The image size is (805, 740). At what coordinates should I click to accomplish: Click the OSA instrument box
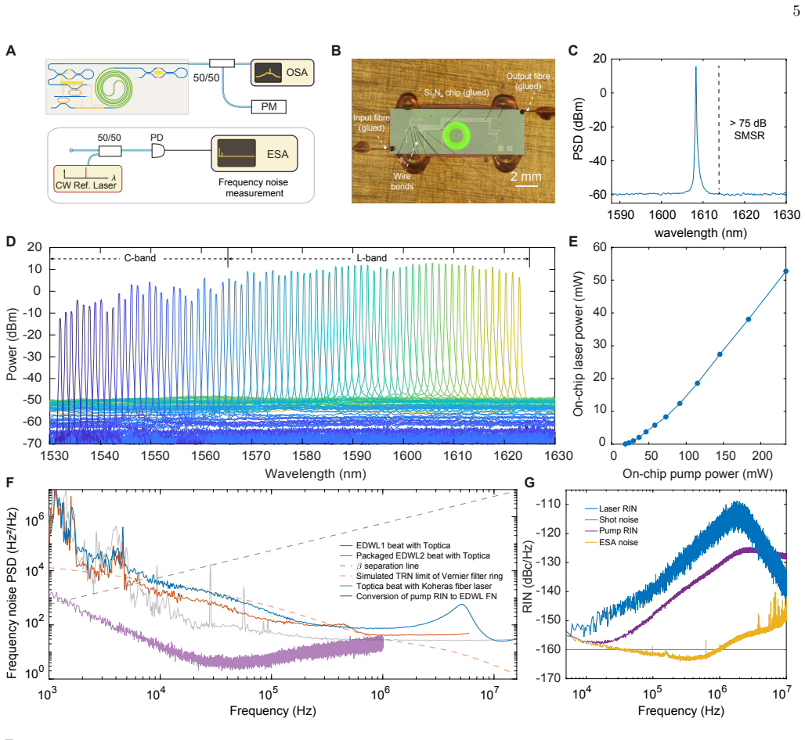(282, 72)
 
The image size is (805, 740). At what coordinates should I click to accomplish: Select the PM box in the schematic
(269, 106)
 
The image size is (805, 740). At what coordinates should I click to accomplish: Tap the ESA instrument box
(254, 153)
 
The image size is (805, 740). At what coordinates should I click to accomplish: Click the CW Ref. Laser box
(88, 178)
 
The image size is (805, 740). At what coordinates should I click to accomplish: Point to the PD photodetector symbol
(157, 150)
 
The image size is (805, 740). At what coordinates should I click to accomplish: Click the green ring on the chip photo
(456, 136)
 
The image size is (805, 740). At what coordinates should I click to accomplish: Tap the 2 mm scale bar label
(525, 177)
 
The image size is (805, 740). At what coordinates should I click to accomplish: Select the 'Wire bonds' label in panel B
(402, 181)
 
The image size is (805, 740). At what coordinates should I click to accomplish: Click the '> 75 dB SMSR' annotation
(749, 129)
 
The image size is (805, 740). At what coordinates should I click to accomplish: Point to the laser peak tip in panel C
(696, 66)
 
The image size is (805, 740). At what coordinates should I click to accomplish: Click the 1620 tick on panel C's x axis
(745, 215)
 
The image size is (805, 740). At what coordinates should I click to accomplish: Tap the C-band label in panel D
(139, 258)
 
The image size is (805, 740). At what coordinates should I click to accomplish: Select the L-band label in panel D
(372, 258)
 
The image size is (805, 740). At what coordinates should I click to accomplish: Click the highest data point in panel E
(785, 271)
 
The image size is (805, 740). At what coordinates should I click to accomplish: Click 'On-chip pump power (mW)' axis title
(697, 473)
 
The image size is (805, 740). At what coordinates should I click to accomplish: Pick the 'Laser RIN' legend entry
(611, 508)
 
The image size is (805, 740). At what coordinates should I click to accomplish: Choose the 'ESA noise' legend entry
(612, 542)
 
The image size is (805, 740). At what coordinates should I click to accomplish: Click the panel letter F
(9, 483)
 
